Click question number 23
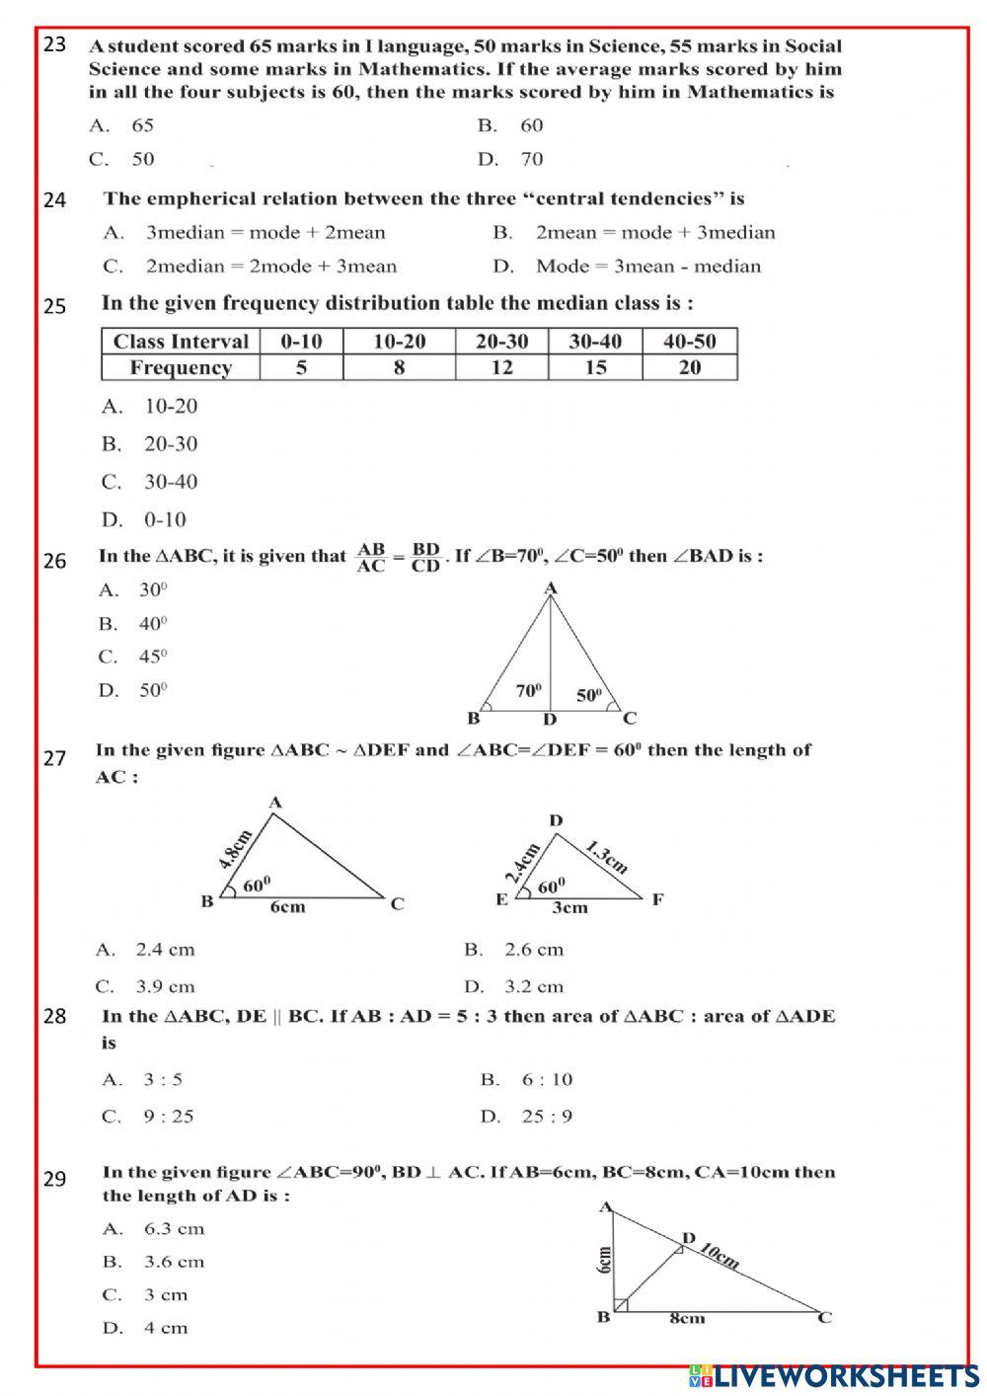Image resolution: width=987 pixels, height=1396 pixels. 55,44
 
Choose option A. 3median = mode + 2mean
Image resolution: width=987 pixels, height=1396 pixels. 244,233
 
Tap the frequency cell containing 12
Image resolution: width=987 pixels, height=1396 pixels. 501,368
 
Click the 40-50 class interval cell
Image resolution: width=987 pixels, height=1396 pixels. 689,342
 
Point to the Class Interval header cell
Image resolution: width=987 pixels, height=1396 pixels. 181,342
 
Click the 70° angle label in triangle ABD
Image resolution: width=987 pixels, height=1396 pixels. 530,692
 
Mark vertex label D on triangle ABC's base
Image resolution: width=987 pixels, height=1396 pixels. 550,720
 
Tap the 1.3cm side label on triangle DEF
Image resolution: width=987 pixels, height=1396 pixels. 605,856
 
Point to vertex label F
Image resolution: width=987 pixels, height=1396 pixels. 657,899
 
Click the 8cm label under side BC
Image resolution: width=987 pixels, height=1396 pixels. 688,1318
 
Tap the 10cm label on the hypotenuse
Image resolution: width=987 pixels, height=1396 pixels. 720,1256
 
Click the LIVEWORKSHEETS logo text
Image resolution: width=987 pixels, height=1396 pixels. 844,1376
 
